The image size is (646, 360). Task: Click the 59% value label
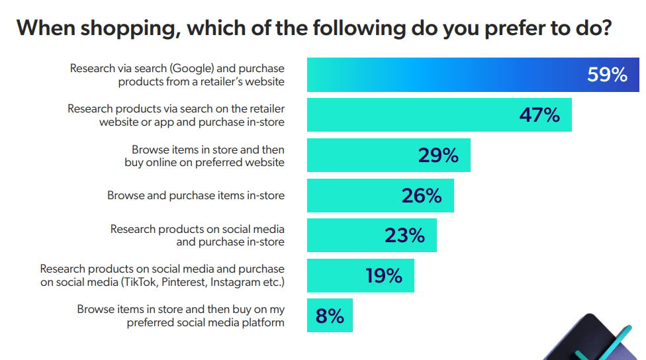(x=607, y=75)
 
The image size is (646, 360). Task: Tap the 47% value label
(x=539, y=115)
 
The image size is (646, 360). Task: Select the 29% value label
(x=438, y=156)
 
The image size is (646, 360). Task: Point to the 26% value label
(x=422, y=196)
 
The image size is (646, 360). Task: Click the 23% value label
(x=404, y=236)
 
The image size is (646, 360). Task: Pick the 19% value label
(x=384, y=275)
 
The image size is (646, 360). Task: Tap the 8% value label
(x=330, y=316)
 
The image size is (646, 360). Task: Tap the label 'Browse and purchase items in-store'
(x=196, y=195)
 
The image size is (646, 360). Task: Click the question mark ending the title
(x=604, y=28)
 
